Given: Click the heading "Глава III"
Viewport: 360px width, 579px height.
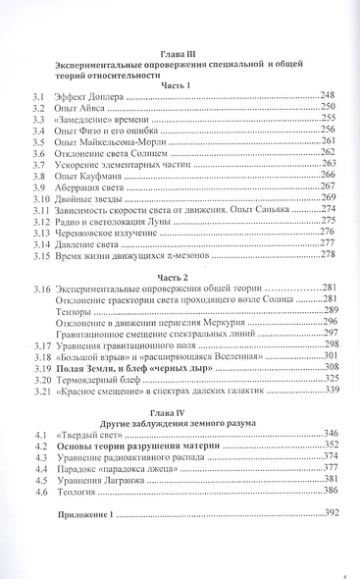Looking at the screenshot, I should click(182, 55).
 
